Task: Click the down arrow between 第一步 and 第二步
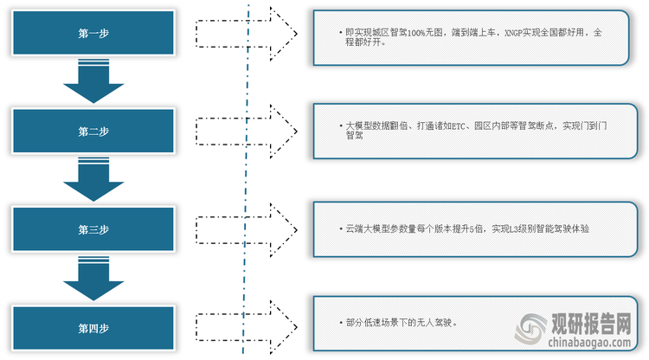[x=93, y=82]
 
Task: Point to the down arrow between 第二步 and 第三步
[x=93, y=180]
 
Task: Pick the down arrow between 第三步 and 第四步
[x=93, y=279]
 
